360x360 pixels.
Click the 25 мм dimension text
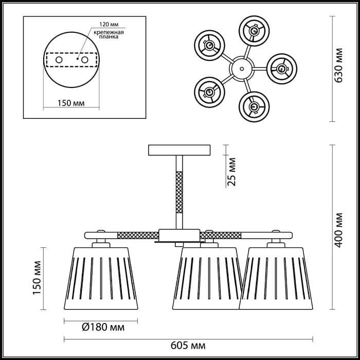(232, 172)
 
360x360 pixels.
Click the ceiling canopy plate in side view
(179, 150)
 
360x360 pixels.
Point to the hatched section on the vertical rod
(179, 192)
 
